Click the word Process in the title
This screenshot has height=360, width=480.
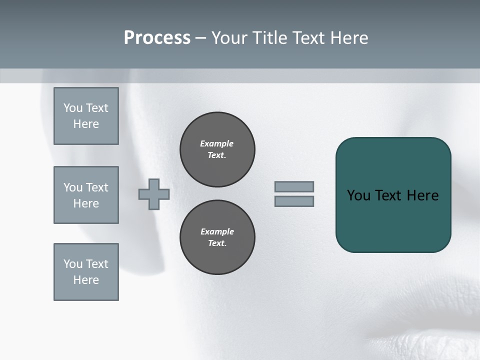(157, 38)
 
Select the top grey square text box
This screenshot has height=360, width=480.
(86, 116)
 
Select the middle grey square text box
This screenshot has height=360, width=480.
(86, 195)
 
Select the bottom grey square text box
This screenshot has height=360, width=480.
(86, 272)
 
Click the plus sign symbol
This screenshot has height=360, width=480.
(154, 194)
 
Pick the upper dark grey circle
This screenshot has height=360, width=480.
(217, 149)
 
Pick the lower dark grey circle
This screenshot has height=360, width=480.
(217, 237)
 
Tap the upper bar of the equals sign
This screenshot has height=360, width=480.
(294, 186)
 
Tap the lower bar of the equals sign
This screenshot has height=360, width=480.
(294, 201)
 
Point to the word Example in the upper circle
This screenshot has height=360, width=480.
(216, 143)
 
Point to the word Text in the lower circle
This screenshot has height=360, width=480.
(216, 243)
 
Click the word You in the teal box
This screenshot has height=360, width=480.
(358, 195)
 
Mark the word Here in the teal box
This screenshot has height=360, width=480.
(422, 195)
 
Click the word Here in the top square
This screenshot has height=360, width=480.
(86, 124)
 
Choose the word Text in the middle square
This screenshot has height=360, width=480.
(96, 187)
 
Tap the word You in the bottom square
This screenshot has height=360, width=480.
(73, 264)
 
